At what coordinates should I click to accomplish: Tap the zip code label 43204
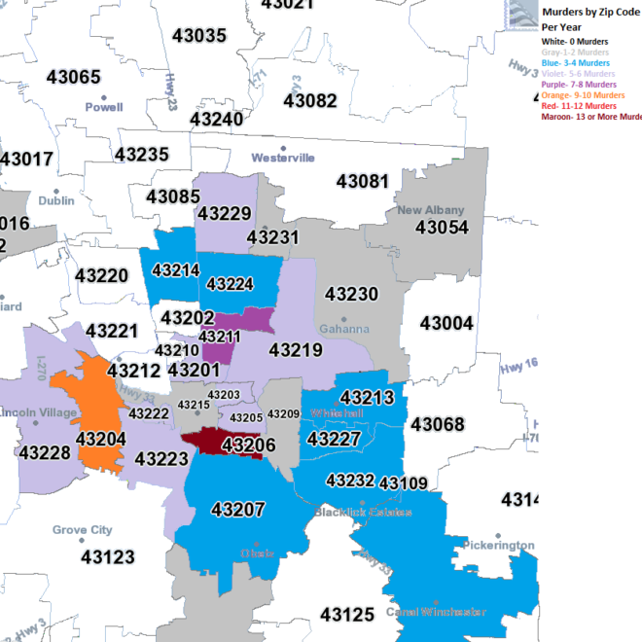pos(102,440)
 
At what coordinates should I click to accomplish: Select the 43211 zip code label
pos(220,337)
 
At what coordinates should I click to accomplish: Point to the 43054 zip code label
pos(442,228)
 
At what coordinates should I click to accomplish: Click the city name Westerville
pos(283,158)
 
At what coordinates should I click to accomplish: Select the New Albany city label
pos(431,210)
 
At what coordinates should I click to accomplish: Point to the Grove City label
pos(83,531)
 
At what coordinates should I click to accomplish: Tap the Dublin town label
pos(56,200)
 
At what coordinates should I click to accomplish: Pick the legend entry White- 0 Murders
pos(576,42)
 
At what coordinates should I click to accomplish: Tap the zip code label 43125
pos(346,615)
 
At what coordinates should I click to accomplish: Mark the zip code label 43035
pos(199,36)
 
